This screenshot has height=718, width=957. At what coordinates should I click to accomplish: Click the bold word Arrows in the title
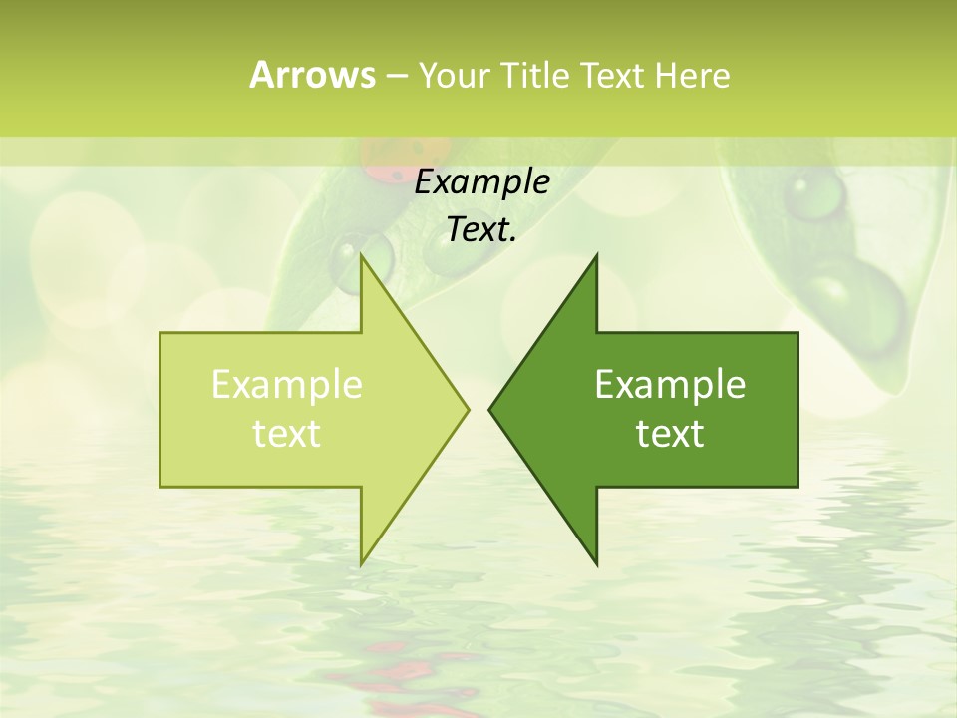[x=312, y=75]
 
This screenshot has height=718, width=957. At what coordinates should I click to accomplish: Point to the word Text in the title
[x=613, y=75]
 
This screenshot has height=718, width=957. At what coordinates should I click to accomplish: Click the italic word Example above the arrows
[x=482, y=182]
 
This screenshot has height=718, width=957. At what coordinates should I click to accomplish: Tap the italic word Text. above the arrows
[x=482, y=230]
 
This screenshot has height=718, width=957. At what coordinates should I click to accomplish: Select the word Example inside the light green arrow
[x=287, y=385]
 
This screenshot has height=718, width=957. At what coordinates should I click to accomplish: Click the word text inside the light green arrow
[x=287, y=434]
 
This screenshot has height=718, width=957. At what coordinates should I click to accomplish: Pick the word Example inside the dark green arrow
[x=670, y=385]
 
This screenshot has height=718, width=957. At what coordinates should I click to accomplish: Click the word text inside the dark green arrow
[x=670, y=434]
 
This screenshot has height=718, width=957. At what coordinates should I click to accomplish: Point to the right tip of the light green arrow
[x=468, y=409]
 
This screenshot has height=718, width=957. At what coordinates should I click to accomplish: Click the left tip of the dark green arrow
[x=489, y=409]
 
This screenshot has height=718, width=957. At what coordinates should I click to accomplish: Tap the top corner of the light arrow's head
[x=361, y=256]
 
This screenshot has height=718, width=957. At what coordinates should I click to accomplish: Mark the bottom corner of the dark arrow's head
[x=596, y=564]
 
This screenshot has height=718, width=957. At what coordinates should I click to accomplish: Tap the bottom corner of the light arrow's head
[x=361, y=564]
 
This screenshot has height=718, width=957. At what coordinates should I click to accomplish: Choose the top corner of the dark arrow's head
[x=596, y=256]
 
